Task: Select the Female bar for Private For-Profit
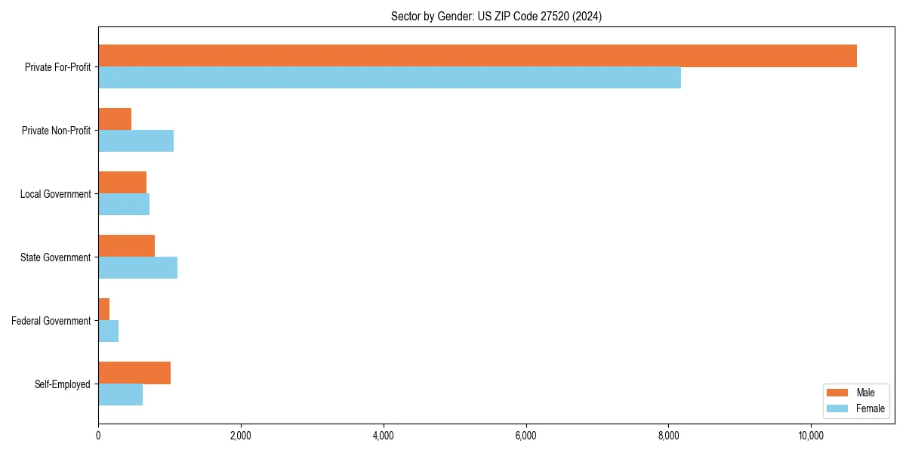pos(390,78)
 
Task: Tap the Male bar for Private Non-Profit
pos(115,119)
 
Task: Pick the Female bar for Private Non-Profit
pos(136,141)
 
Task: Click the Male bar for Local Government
pos(122,183)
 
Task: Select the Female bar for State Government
pos(137,268)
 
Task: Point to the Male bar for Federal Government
pos(104,310)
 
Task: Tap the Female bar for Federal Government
pos(109,331)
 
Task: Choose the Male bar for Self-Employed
pos(134,373)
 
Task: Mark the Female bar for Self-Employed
pos(121,395)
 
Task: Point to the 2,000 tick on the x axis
pos(241,436)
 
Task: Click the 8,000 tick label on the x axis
pos(668,436)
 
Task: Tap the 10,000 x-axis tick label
pos(811,436)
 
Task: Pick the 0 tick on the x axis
pos(98,436)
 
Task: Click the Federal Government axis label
pos(51,321)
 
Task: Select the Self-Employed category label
pos(63,384)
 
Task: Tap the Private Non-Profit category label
pos(56,131)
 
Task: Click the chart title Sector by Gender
pos(496,17)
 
